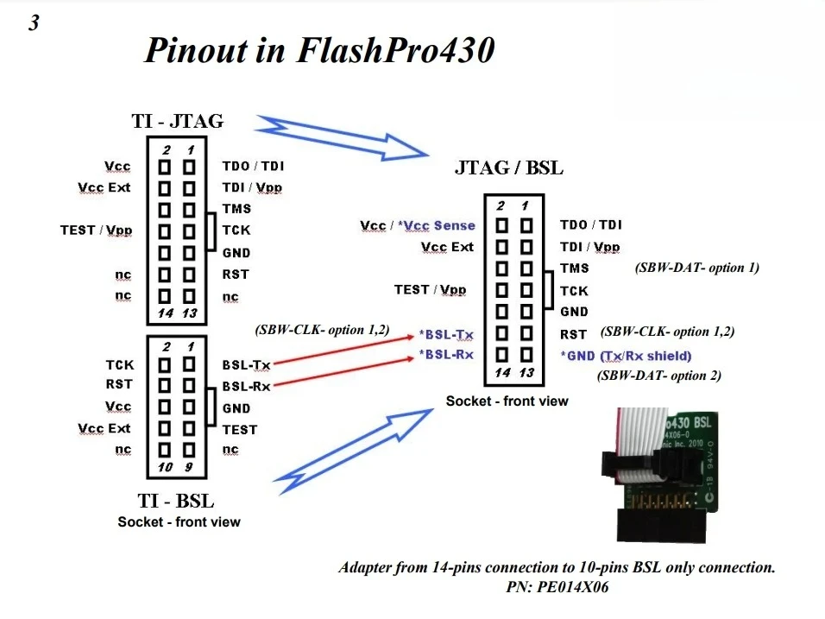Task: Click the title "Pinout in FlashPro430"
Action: tap(319, 50)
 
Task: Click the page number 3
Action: tap(34, 23)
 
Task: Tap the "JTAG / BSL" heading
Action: tap(508, 168)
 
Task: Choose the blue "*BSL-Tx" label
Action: tap(446, 334)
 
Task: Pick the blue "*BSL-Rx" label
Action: tap(446, 355)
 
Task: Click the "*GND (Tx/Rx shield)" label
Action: tap(626, 356)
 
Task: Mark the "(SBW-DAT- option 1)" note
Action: tap(696, 268)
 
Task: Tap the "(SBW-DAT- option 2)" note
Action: tap(659, 376)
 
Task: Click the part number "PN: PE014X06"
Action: tap(557, 586)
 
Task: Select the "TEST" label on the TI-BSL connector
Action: tap(239, 429)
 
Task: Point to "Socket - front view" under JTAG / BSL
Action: tap(507, 401)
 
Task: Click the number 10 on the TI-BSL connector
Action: tap(166, 467)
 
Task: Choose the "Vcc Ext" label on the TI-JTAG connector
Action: tap(104, 187)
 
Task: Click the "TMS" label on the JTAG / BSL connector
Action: tap(575, 268)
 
